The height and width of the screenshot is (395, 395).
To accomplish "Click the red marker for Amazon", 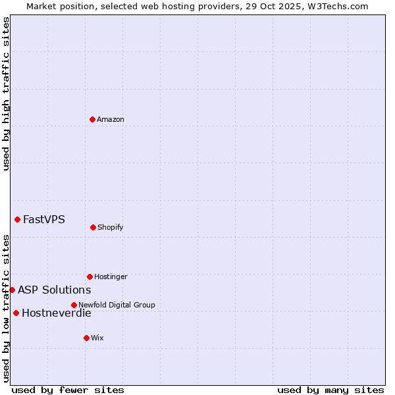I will coord(93,119).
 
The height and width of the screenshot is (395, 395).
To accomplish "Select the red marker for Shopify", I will coord(93,227).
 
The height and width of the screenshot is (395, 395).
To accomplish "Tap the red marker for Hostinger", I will coord(90,276).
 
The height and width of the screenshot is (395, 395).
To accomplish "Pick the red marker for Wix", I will coord(86,338).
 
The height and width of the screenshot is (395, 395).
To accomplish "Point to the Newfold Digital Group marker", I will coord(74,305).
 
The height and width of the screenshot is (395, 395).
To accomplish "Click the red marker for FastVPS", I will coord(17,219).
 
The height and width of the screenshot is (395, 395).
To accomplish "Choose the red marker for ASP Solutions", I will coord(12,290).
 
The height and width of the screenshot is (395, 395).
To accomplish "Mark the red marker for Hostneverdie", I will coord(16,313).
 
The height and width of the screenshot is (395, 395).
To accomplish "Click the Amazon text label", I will coord(111,119).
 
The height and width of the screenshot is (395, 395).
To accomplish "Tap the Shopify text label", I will coord(111,227).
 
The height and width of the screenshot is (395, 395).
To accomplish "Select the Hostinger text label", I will coord(111,276).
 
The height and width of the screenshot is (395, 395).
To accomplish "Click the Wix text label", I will coord(97,338).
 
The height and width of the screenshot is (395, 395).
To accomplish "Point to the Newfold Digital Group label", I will coord(117,305).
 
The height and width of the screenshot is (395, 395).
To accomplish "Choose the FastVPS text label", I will coord(44,219).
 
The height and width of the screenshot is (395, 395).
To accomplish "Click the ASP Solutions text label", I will coord(54,290).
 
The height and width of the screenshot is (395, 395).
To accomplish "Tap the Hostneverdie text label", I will coord(57,313).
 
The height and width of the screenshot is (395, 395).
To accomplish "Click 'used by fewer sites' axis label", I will coord(68,390).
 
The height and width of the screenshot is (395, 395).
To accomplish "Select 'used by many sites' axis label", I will coord(330,390).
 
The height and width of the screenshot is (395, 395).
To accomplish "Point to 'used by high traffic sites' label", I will coord(6,93).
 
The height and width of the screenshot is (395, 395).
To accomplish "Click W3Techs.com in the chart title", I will coord(335,6).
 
